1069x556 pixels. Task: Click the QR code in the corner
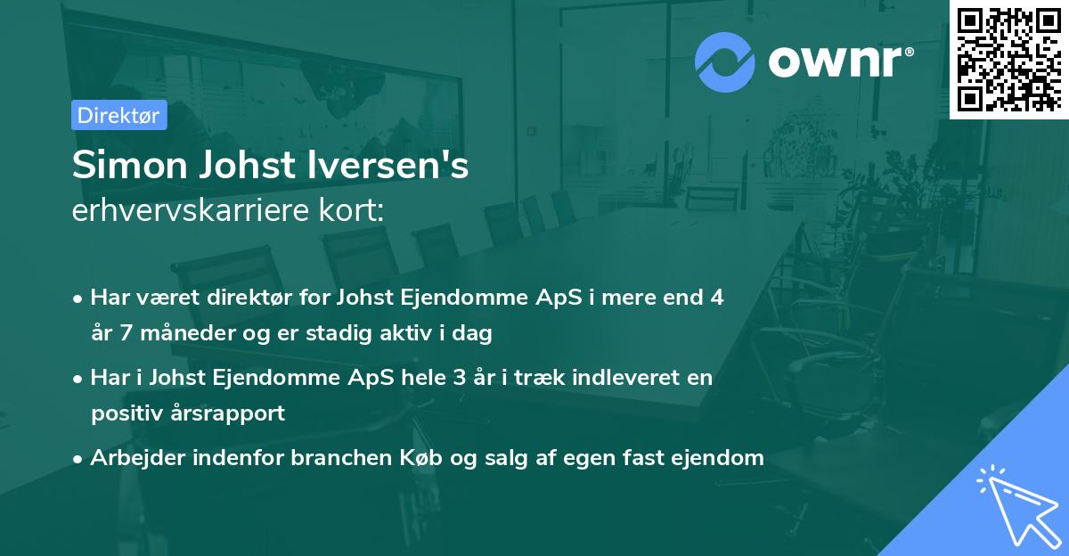point(1008,59)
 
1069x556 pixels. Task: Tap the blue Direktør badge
point(118,115)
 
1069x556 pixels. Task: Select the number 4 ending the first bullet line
point(716,298)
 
